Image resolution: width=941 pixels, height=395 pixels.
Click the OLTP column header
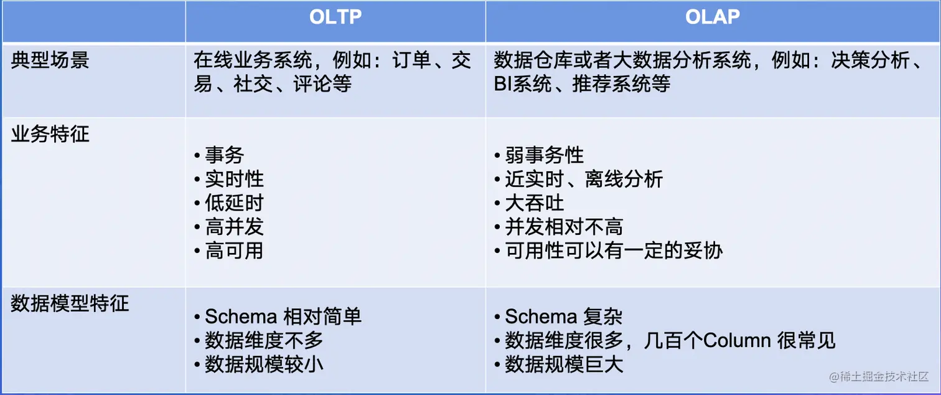(335, 17)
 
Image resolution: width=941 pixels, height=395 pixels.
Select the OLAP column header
(713, 17)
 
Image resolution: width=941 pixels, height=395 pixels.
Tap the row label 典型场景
(50, 60)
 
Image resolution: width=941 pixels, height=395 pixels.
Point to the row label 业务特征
(50, 133)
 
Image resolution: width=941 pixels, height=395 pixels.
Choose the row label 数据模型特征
(70, 303)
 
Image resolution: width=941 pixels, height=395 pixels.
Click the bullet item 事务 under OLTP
(224, 155)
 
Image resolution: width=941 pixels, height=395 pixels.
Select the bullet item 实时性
(234, 179)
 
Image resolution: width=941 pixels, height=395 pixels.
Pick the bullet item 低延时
(234, 203)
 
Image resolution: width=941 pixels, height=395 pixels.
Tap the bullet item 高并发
(234, 227)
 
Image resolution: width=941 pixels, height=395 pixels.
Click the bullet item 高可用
(234, 250)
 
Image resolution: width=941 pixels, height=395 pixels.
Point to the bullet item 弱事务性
(544, 155)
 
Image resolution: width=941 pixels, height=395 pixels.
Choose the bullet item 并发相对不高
(564, 227)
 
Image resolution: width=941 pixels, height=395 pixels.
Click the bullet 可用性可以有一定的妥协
(613, 250)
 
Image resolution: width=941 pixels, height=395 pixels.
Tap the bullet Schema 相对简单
(283, 316)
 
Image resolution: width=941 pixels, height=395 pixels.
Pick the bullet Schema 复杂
(563, 316)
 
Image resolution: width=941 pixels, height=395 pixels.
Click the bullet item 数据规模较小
(264, 364)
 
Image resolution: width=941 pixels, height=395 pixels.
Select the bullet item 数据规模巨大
(564, 364)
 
